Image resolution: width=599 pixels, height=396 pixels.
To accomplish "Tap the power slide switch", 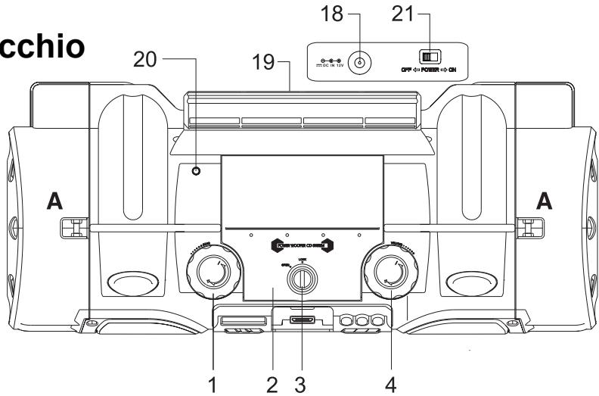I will pos(430,57).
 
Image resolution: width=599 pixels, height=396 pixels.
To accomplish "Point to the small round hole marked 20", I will pos(197,171).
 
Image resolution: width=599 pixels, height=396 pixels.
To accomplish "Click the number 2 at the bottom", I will pos(271,383).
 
